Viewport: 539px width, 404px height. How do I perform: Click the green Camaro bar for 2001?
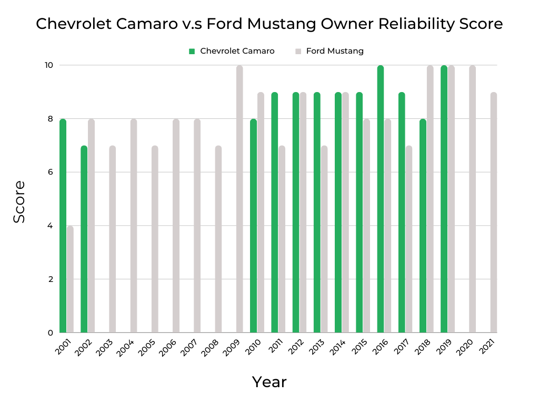63,226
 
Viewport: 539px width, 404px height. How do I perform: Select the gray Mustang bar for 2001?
70,279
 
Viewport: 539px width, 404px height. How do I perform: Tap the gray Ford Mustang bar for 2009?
239,199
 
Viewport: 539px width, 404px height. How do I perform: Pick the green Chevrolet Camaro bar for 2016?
381,199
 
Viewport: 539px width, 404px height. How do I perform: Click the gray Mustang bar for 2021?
493,213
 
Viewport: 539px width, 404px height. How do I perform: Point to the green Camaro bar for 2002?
84,239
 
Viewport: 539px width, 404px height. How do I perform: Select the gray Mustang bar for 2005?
155,239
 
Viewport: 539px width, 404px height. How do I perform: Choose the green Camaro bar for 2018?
423,226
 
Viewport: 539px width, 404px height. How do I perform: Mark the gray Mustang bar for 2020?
472,199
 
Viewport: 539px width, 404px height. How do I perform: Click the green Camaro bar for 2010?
253,226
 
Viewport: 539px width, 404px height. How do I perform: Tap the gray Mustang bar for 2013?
324,239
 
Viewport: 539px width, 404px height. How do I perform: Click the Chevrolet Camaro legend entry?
232,51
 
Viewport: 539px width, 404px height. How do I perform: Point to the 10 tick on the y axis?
49,65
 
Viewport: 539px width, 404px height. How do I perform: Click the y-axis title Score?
19,201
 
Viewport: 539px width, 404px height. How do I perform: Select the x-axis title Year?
269,382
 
